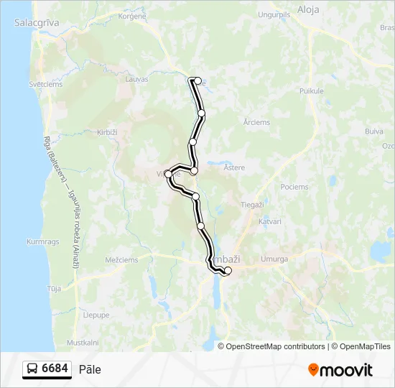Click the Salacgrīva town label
click(x=36, y=23)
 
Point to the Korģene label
click(x=131, y=15)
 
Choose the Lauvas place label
click(x=136, y=79)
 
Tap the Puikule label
click(x=312, y=91)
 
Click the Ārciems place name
click(x=256, y=123)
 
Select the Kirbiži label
click(x=106, y=132)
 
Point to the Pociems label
click(x=294, y=187)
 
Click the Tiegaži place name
click(x=252, y=205)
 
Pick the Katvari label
click(x=269, y=221)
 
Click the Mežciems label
click(x=121, y=260)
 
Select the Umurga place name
click(x=275, y=259)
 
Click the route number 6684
click(x=55, y=369)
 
